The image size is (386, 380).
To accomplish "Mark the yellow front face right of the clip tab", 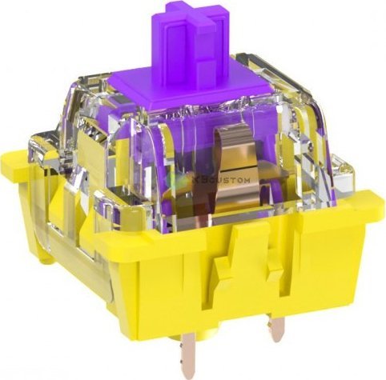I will click(x=320, y=248).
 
